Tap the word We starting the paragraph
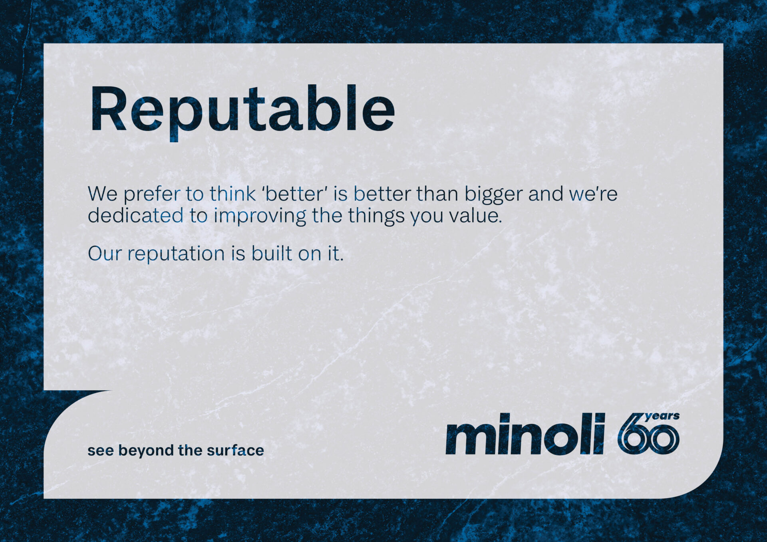coord(103,194)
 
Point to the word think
coord(232,193)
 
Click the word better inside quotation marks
coord(295,194)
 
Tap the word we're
coord(593,194)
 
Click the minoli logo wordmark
coord(525,434)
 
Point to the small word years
coord(662,417)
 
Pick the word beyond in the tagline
coord(146,451)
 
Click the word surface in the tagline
coord(235,450)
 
